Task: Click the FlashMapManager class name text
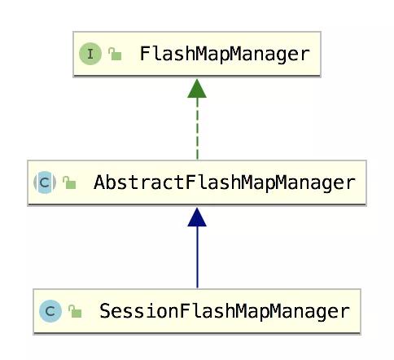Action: pos(225,54)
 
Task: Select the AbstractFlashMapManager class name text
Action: pos(225,182)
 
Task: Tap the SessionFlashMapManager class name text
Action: pos(225,311)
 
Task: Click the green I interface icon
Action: pos(90,54)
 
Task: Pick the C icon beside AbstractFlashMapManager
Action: pos(45,182)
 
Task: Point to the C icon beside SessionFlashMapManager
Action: pos(50,311)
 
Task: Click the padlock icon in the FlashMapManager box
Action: pos(115,54)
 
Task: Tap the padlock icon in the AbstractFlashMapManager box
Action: pos(69,182)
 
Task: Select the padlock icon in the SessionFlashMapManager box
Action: pos(75,311)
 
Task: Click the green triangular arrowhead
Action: pos(197,89)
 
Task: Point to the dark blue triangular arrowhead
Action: pos(197,217)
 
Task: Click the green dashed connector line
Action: pos(197,129)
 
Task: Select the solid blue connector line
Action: pos(197,257)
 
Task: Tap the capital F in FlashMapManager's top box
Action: pos(145,54)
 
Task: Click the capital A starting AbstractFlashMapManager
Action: pos(99,182)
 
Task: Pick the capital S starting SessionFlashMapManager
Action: pos(105,311)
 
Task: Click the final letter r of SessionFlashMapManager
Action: pos(345,313)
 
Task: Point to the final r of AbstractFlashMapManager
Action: pos(351,184)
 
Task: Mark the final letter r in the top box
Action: pos(304,55)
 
